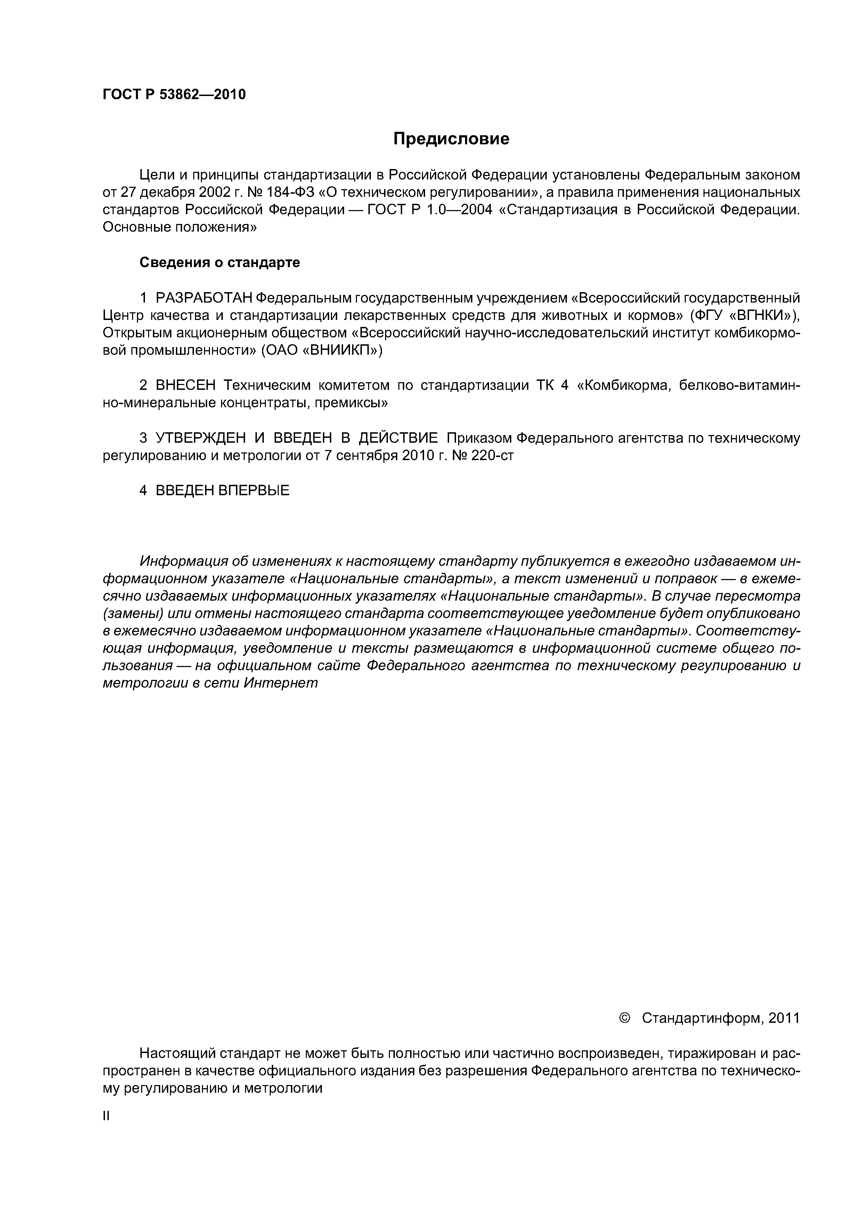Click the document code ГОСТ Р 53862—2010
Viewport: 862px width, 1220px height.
tap(174, 95)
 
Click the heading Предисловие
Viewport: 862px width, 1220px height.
tap(451, 139)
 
